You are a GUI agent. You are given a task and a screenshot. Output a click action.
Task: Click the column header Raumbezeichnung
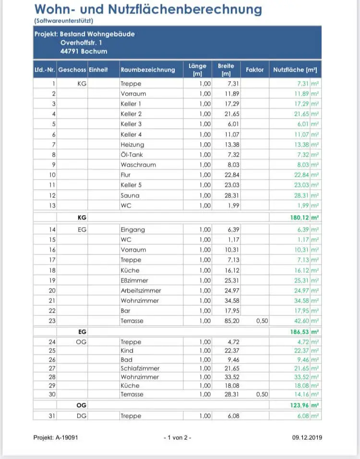point(148,70)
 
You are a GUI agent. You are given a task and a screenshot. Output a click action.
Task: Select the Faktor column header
point(254,70)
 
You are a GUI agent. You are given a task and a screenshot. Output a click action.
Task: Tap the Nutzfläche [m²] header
point(295,70)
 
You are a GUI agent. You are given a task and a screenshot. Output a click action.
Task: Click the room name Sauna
point(130,195)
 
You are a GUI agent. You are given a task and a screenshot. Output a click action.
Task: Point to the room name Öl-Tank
point(132,155)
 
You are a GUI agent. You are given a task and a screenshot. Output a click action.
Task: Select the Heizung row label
point(132,145)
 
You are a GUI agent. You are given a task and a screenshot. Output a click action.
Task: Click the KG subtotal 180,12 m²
point(302,217)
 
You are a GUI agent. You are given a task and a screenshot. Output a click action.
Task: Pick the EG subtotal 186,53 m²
point(302,332)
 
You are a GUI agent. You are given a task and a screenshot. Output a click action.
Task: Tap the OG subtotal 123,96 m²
point(302,405)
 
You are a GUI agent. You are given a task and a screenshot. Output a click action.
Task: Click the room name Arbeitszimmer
point(141,290)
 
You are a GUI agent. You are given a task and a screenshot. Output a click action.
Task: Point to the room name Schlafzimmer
point(139,368)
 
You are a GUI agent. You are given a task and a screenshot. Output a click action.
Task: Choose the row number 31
point(52,416)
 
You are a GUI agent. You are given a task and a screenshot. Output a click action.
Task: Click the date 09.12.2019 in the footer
point(307,437)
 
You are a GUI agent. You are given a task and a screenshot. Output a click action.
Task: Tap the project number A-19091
point(55,437)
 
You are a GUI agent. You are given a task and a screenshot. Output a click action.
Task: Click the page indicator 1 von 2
point(177,437)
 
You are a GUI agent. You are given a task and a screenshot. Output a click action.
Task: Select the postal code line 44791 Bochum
point(87,51)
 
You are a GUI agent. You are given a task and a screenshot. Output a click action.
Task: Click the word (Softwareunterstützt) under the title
point(63,21)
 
